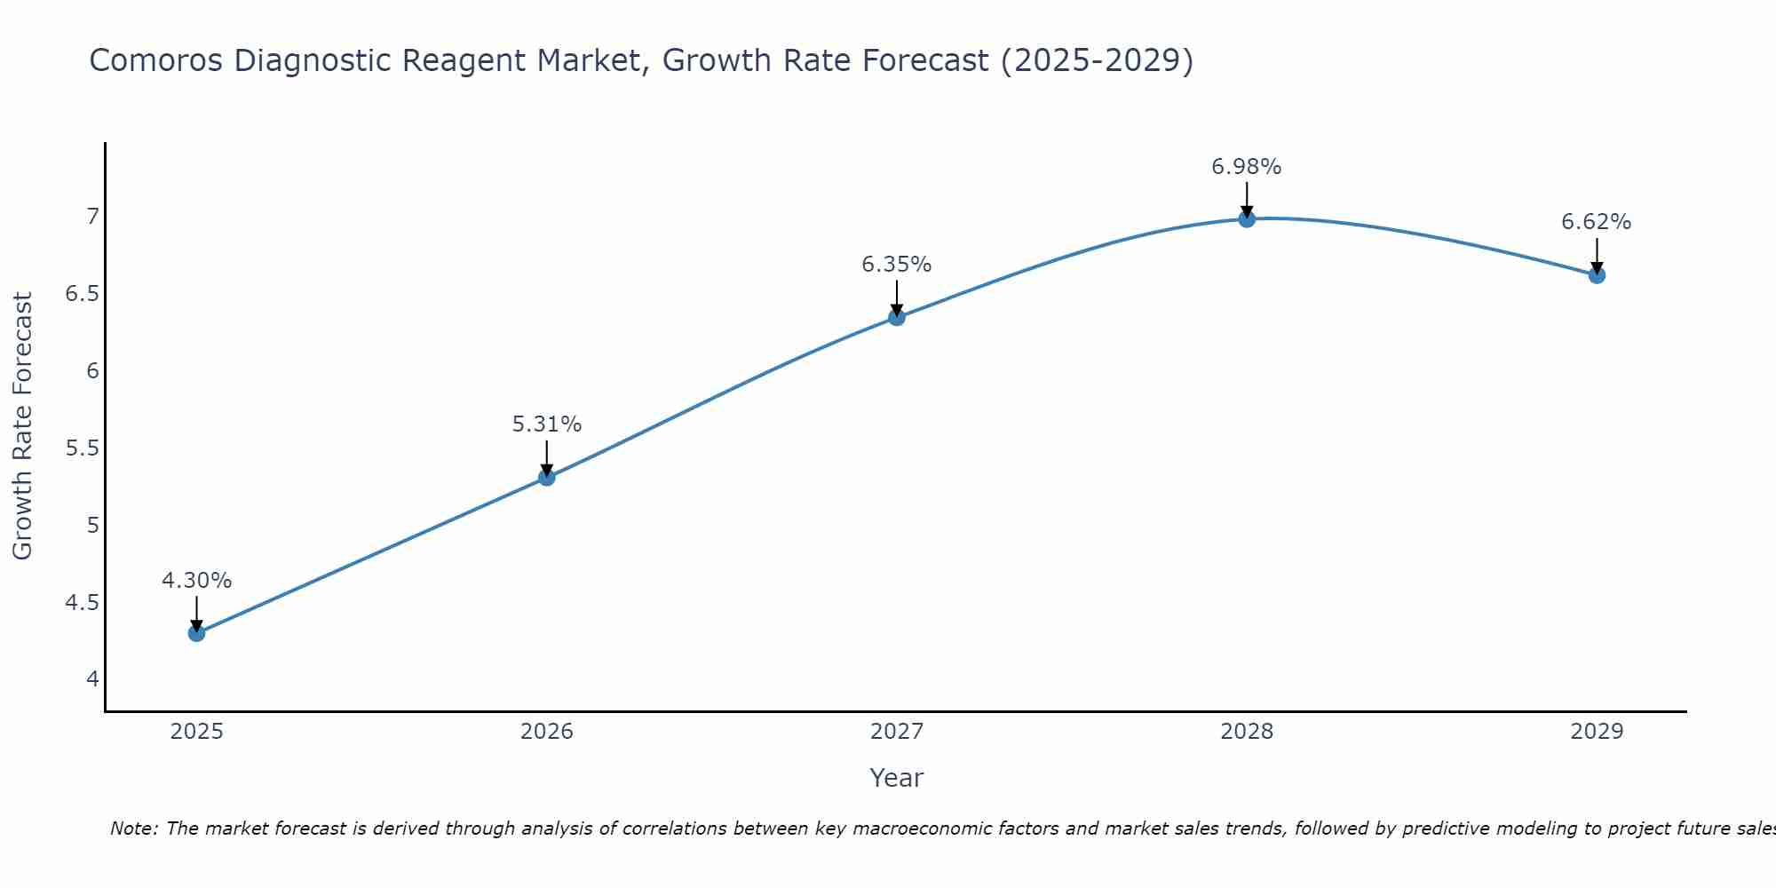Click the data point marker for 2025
coord(196,633)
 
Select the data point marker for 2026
coord(546,478)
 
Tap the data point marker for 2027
coord(897,317)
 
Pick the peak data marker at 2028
coord(1247,218)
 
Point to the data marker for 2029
coord(1597,275)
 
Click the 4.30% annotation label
coord(196,581)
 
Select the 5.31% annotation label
coord(546,424)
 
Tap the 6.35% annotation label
coord(897,265)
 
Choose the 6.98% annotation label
coord(1247,167)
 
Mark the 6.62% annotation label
coord(1597,222)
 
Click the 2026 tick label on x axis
coord(546,732)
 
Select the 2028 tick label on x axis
coord(1247,732)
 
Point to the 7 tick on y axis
coord(92,217)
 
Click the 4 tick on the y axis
coord(92,679)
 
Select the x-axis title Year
coord(897,778)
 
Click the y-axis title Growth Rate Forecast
coord(23,426)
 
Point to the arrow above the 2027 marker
coord(897,297)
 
